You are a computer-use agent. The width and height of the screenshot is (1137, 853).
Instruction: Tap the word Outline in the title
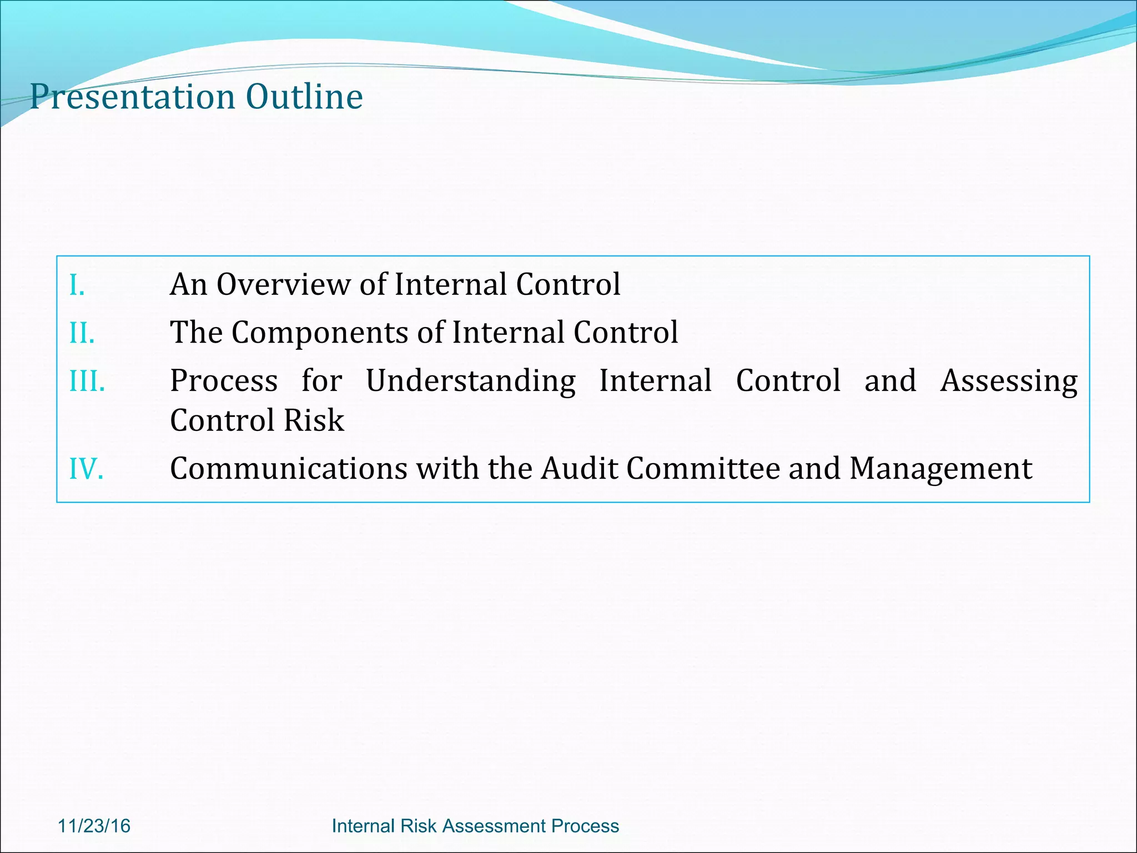point(304,96)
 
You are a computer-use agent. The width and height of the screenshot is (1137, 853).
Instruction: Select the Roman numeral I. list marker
point(77,285)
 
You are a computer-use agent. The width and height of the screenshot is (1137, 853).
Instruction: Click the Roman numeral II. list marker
point(82,334)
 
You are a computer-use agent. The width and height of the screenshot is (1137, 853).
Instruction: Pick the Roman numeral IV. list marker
point(86,469)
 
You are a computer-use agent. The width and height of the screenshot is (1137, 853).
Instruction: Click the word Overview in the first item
point(283,284)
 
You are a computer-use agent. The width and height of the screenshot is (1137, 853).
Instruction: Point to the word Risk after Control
point(314,420)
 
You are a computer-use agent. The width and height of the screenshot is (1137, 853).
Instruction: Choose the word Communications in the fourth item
point(289,469)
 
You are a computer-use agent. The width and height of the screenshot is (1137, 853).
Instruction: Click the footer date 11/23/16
point(94,826)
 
